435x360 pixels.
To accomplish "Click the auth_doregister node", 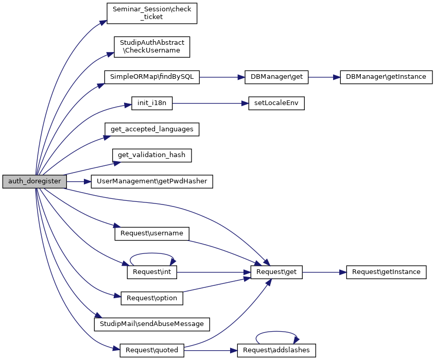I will (34, 181).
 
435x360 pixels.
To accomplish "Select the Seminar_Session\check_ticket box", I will (152, 12).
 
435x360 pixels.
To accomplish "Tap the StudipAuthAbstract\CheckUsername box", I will (152, 46).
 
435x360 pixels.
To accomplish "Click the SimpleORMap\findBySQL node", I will (152, 77).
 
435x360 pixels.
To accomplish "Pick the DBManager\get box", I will (276, 77).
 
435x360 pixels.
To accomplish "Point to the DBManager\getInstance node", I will (386, 77).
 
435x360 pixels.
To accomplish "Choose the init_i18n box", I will (152, 103).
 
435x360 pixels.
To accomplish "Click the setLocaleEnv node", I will (276, 103).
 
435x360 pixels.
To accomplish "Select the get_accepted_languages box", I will (152, 129).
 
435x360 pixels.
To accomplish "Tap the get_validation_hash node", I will (152, 155).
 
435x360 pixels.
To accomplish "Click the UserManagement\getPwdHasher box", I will (152, 181).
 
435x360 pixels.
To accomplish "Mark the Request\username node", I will (152, 233).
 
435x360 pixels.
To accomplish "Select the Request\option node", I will (152, 298).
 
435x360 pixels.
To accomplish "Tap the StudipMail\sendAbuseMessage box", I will (152, 324).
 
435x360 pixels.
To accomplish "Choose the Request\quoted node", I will (152, 350).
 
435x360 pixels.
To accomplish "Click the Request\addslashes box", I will (276, 350).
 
